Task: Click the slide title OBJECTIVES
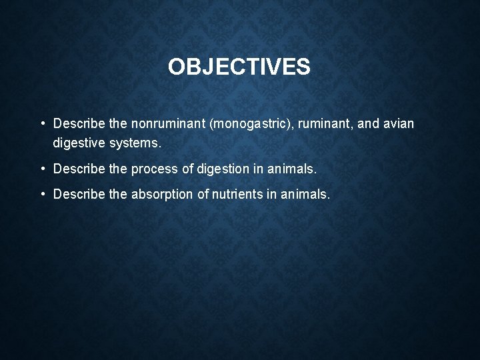tap(239, 67)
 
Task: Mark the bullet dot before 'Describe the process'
tap(42, 169)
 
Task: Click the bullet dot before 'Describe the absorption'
tap(42, 194)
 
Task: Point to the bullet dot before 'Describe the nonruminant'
tap(42, 124)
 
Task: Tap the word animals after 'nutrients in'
tap(305, 194)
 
